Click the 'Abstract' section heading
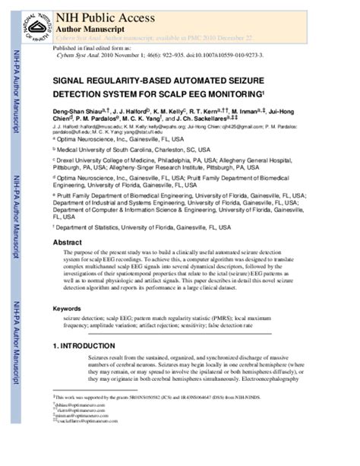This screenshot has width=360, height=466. [x=67, y=243]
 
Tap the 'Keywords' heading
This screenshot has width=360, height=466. [x=68, y=309]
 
